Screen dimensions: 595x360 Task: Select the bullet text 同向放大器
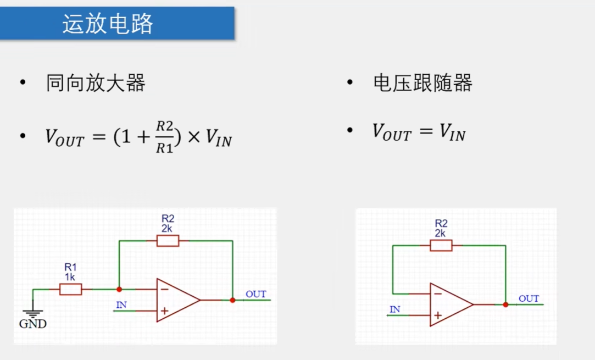96,84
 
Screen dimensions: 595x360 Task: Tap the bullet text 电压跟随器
422,84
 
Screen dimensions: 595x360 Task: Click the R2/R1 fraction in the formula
164,136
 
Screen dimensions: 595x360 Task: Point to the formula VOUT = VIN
419,132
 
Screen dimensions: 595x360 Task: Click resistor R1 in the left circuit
70,289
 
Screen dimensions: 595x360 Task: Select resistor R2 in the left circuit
168,241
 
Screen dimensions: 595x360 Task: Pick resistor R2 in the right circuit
441,245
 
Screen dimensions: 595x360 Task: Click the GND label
33,324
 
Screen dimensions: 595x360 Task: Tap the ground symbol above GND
34,314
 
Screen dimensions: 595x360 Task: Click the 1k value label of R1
70,277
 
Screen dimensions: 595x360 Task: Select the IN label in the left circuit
121,304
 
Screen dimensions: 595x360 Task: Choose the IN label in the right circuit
394,309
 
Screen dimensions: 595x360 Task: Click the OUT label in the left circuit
255,294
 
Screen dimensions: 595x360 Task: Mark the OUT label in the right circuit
529,298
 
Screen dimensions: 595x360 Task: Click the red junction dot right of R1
119,289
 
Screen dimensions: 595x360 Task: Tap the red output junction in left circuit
232,300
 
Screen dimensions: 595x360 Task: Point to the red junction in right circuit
505,304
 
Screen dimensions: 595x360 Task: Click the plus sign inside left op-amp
164,311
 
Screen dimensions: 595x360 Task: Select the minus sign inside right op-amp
437,294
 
